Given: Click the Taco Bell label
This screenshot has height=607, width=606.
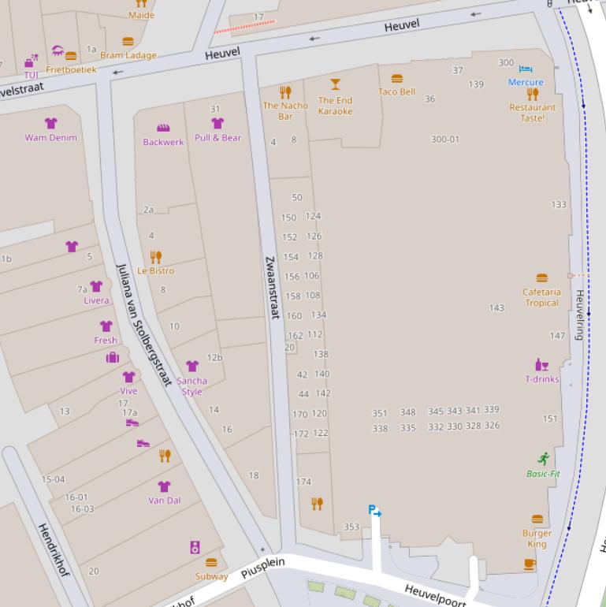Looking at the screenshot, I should point(396,92).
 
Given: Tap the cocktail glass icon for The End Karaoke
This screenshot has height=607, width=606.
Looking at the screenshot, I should point(336,84).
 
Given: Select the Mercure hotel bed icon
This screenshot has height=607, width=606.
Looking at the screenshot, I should point(526,70).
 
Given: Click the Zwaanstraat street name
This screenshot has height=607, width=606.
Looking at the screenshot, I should point(271,287).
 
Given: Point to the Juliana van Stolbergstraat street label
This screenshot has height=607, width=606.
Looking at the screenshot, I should point(143,325).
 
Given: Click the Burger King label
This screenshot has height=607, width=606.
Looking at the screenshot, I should point(537,538).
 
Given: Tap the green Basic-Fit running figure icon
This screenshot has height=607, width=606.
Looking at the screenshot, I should point(543,459).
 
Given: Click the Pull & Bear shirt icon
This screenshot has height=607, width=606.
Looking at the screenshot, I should point(217,123).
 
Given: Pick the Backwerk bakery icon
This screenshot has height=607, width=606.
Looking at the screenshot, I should point(163,128).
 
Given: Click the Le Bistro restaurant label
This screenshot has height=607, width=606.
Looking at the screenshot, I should point(155,270).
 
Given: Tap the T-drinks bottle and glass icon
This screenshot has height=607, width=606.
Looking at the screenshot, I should point(542,365).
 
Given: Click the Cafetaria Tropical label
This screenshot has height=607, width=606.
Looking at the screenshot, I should point(541,297).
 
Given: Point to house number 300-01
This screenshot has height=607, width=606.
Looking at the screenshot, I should point(444,140).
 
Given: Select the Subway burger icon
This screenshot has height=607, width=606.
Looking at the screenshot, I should point(211,563).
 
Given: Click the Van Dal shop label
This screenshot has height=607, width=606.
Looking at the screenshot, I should point(164,501).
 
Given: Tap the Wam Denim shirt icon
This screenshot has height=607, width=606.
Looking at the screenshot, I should point(51,123).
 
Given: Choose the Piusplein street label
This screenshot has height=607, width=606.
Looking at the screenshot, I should point(262,568).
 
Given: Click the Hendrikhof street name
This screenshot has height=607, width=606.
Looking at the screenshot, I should point(54,549).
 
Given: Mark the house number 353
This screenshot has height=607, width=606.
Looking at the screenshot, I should point(351,527).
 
